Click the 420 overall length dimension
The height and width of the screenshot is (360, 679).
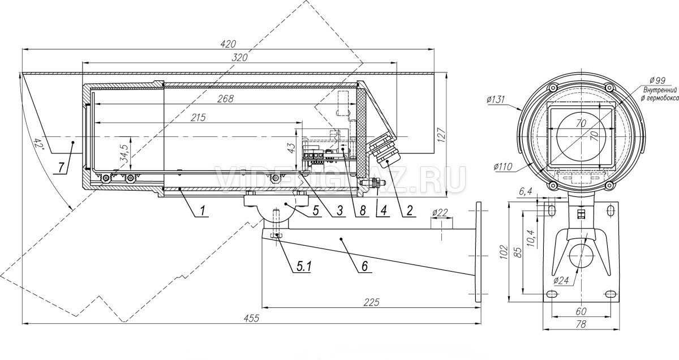click(x=228, y=44)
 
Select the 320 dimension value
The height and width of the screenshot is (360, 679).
click(x=239, y=57)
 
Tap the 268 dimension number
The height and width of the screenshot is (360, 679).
click(x=226, y=98)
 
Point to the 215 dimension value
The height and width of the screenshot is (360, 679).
click(x=198, y=117)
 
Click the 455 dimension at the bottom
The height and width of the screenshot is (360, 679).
click(x=252, y=318)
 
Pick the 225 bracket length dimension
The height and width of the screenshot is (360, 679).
click(x=372, y=302)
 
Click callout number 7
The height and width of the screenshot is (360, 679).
click(x=62, y=168)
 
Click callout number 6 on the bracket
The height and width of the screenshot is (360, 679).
click(x=364, y=266)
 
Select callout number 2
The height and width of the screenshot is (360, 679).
click(x=410, y=210)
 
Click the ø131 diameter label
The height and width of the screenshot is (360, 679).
click(x=496, y=100)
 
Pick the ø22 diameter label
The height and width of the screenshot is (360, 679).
click(x=440, y=213)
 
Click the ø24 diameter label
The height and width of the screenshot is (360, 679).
click(x=561, y=281)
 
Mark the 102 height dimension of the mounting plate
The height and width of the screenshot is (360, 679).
click(x=504, y=252)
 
